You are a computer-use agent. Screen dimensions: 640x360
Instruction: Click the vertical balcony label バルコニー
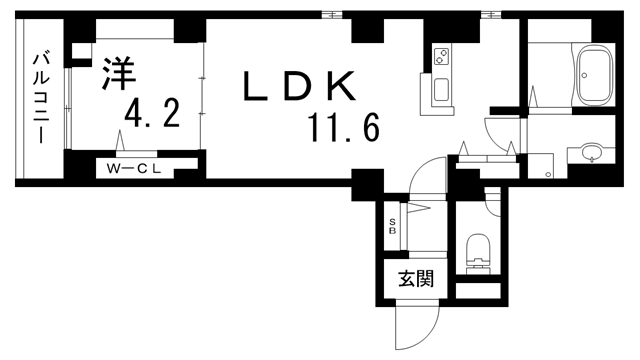(x=41, y=96)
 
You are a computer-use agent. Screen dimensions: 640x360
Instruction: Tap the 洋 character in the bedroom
(x=117, y=74)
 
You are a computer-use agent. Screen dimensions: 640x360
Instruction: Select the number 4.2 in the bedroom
(x=152, y=115)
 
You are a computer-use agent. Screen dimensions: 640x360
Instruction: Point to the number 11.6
(x=343, y=129)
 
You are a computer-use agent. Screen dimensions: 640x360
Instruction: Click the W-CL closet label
(x=135, y=168)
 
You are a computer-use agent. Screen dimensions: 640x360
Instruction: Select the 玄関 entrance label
(x=415, y=280)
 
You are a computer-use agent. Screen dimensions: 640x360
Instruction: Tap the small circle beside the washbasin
(x=549, y=175)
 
